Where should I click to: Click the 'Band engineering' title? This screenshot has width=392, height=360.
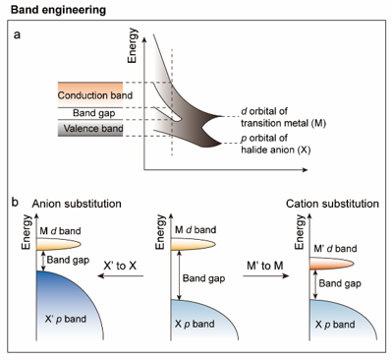pos(58,10)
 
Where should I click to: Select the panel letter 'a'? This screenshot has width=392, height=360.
pos(17,34)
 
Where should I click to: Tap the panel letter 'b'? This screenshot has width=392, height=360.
pos(15,202)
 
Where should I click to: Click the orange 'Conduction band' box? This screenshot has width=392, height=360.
pos(90,95)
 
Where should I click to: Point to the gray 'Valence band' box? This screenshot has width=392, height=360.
pos(90,128)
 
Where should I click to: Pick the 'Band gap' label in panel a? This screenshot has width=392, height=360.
pos(93,113)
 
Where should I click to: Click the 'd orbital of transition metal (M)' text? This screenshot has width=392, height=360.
pos(283,117)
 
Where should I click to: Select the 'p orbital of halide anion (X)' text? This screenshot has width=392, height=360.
pos(276,144)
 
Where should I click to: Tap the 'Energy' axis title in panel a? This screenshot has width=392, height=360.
pos(133,45)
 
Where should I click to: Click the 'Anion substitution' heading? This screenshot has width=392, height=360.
pos(77,204)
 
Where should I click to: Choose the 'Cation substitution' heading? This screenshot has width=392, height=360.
pos(332,204)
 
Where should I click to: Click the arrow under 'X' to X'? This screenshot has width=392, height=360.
pos(121,276)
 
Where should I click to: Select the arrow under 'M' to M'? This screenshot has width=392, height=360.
pos(266,276)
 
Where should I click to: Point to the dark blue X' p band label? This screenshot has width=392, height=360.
pos(66,319)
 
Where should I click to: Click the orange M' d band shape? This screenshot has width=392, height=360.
pos(331,264)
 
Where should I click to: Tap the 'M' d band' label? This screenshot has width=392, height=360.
pos(335,249)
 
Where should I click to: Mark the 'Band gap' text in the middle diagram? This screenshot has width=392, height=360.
pos(203,278)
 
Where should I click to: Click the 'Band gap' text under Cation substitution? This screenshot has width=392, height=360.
pos(340,283)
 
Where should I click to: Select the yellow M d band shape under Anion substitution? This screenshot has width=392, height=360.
pos(59,245)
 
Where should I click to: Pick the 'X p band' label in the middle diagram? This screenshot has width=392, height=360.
pos(195,324)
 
